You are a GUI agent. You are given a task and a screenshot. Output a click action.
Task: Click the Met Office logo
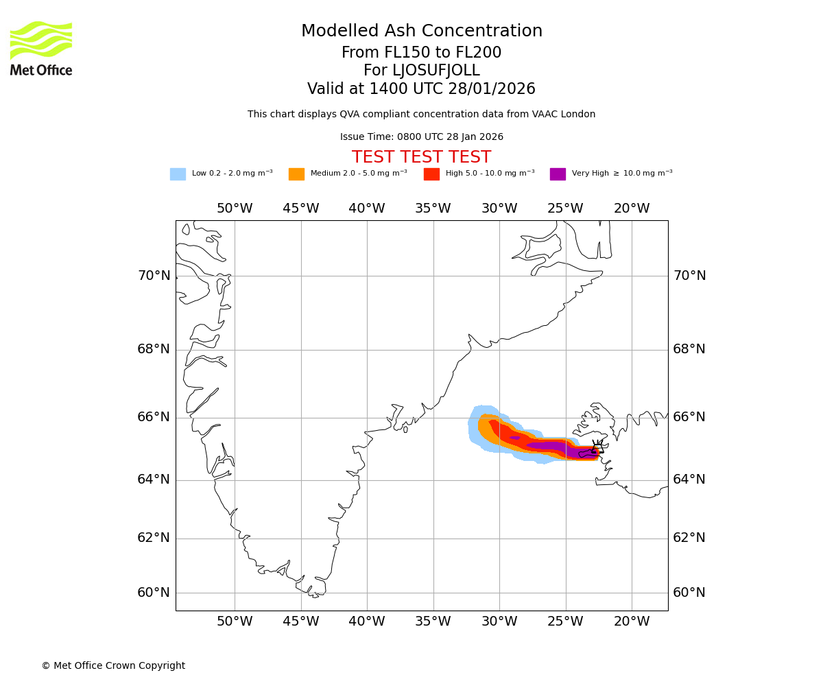pyautogui.click(x=41, y=48)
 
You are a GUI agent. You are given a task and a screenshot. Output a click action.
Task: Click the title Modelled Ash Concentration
pyautogui.click(x=422, y=32)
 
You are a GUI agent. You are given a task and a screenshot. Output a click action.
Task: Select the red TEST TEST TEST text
pyautogui.click(x=422, y=158)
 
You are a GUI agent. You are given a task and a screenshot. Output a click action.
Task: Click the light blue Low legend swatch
pyautogui.click(x=178, y=174)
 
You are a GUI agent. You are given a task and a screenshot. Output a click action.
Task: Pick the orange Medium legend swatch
pyautogui.click(x=296, y=174)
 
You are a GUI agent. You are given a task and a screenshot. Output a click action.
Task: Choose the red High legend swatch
pyautogui.click(x=431, y=174)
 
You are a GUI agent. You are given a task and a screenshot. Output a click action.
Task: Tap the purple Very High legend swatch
pyautogui.click(x=558, y=174)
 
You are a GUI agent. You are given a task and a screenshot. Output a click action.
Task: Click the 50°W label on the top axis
pyautogui.click(x=235, y=209)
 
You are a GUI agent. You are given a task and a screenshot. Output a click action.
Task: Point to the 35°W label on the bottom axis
pyautogui.click(x=433, y=622)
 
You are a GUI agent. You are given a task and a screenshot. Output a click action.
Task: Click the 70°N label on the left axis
pyautogui.click(x=154, y=276)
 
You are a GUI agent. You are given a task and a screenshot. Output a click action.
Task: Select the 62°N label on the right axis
pyautogui.click(x=689, y=538)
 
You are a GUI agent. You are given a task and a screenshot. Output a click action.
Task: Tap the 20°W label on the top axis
pyautogui.click(x=632, y=209)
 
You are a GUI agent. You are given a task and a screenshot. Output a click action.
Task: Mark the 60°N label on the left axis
pyautogui.click(x=154, y=593)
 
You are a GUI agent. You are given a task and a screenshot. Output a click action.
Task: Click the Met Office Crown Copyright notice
pyautogui.click(x=113, y=666)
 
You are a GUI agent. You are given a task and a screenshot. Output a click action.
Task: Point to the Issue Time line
pyautogui.click(x=422, y=137)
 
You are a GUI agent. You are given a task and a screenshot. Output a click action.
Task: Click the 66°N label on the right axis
pyautogui.click(x=689, y=417)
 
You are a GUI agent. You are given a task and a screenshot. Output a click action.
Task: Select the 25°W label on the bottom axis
pyautogui.click(x=565, y=622)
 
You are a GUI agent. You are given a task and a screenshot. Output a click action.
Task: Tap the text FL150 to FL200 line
pyautogui.click(x=422, y=53)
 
